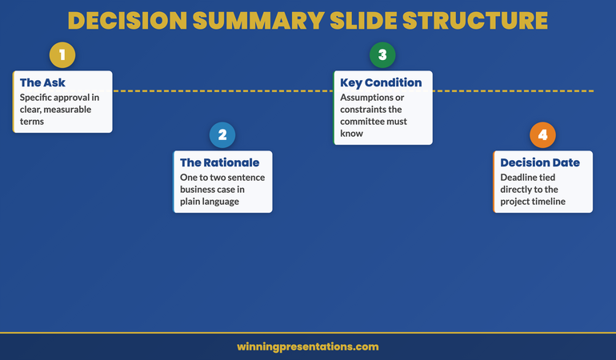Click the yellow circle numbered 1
coord(62,55)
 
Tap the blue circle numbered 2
coord(222,135)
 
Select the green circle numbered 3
coord(382,55)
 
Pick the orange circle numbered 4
coord(542,135)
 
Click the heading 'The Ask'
coord(43,82)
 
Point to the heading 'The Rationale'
coord(219,162)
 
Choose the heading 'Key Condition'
coord(381,82)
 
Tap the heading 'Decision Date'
coord(540,162)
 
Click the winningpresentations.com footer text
coord(308,346)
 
